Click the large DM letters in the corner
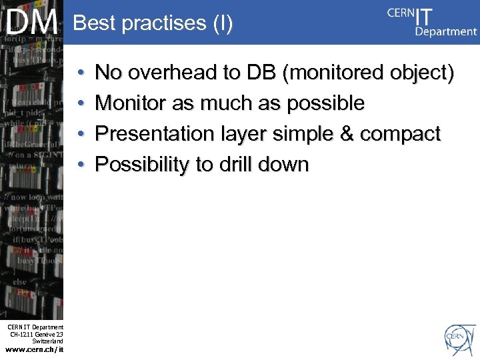32,23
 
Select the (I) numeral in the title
223,23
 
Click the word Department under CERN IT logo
446,31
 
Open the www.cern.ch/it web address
34,349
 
